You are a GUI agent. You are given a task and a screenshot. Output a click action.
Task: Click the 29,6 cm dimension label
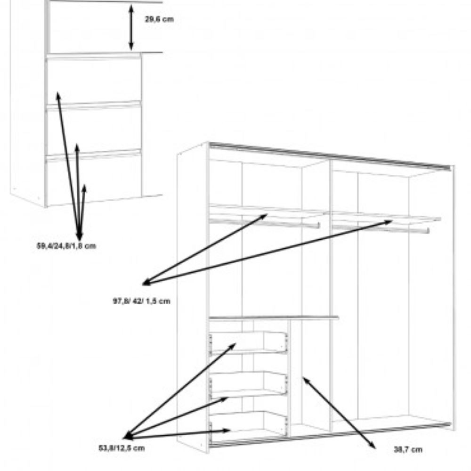[159, 19]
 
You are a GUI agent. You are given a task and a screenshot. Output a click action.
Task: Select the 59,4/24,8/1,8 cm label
[66, 246]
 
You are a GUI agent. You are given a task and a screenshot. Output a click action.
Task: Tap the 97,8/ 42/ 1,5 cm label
[141, 300]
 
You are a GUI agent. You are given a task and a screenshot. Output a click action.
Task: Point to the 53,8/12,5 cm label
[122, 448]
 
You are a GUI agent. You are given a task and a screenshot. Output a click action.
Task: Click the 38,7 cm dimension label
[408, 450]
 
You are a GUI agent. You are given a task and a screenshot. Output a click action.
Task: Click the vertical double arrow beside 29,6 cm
[131, 28]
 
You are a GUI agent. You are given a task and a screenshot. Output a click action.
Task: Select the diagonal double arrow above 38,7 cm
[339, 413]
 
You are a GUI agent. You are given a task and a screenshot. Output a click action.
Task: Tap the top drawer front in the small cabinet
[94, 80]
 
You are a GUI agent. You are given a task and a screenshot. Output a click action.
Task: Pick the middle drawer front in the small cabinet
[94, 129]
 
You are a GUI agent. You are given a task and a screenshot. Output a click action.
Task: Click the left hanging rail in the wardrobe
[264, 223]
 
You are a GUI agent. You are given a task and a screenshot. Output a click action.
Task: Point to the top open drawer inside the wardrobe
[248, 343]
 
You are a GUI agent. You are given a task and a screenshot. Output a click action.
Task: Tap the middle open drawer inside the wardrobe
[248, 383]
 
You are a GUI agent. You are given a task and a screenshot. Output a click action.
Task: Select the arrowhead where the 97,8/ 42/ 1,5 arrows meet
[146, 283]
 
